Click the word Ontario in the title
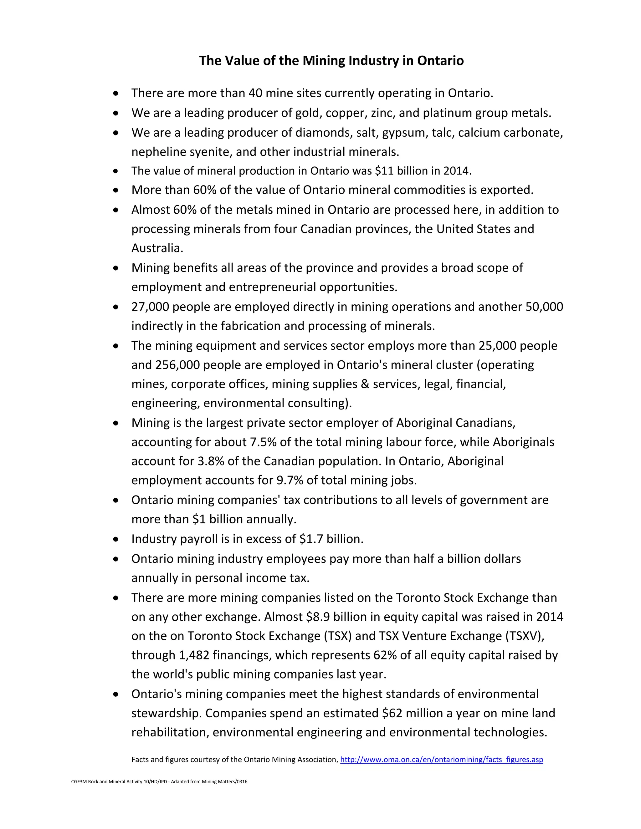click(x=440, y=61)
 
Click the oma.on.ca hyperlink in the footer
click(x=441, y=760)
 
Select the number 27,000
click(x=150, y=307)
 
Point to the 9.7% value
click(x=290, y=480)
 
